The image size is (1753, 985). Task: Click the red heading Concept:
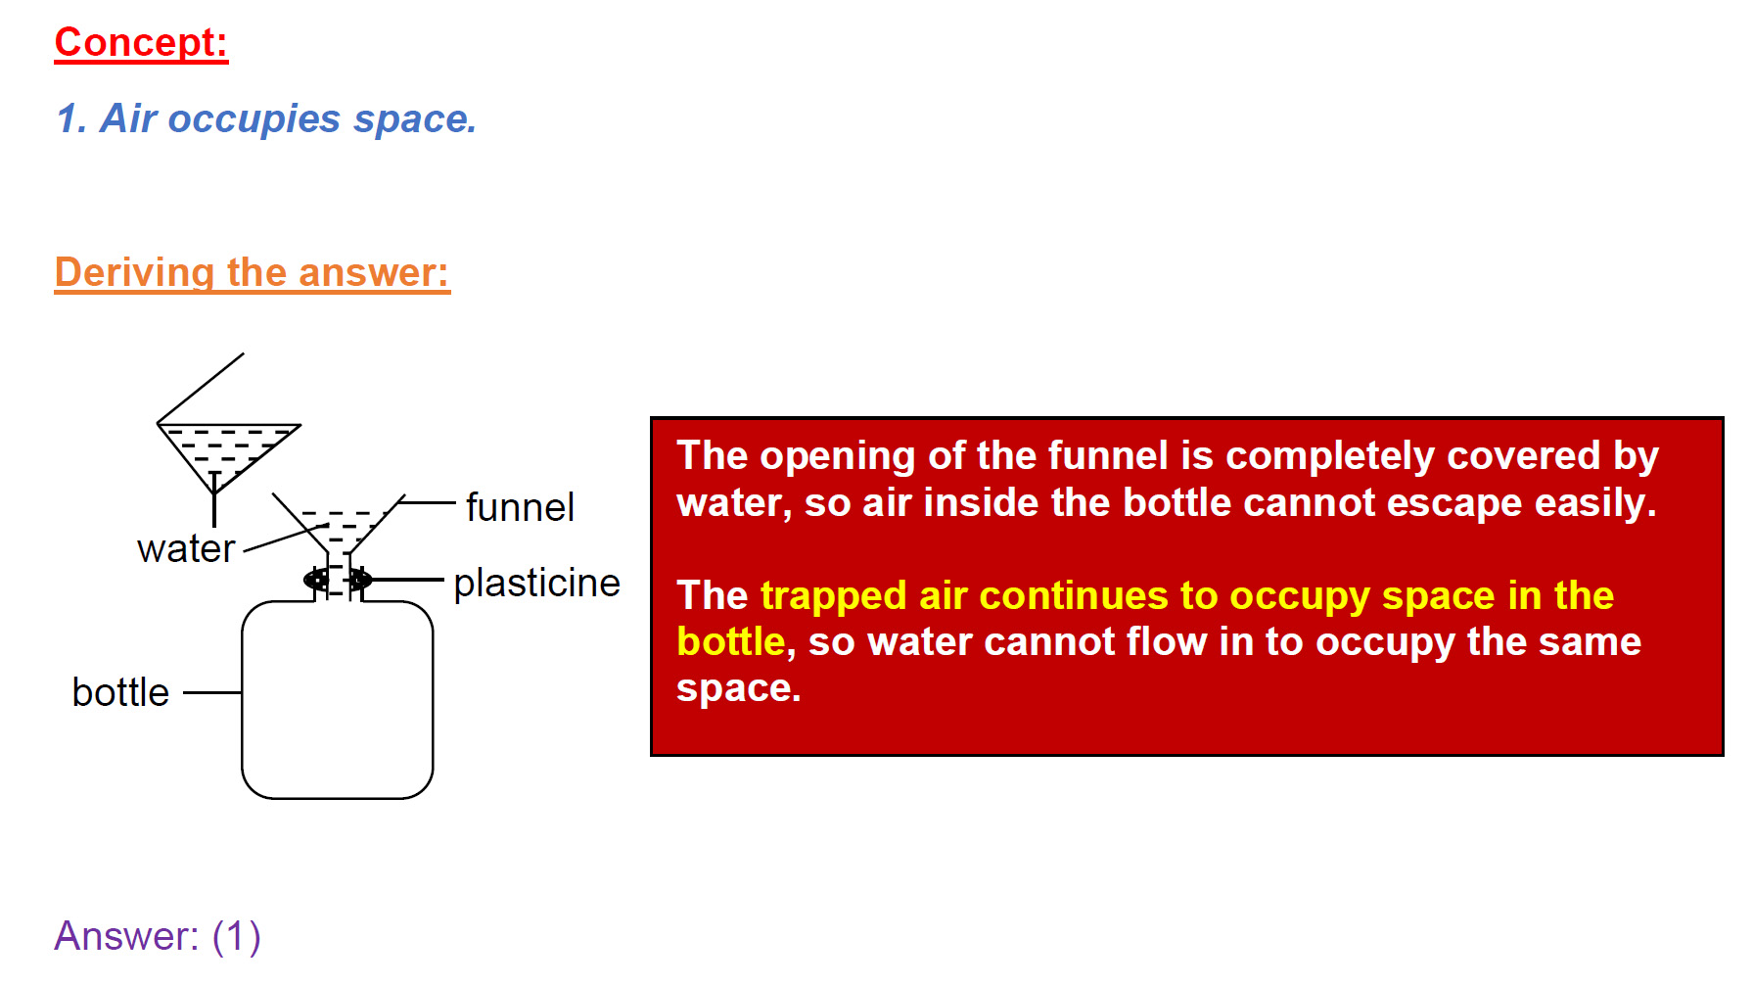click(x=141, y=43)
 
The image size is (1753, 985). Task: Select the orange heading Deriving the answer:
click(x=253, y=272)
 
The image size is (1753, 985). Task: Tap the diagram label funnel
click(x=520, y=507)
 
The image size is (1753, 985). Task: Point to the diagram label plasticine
click(x=536, y=583)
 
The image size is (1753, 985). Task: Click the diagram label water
click(x=186, y=548)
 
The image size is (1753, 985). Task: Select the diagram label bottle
click(x=121, y=692)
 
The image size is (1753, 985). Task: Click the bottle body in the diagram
click(x=338, y=699)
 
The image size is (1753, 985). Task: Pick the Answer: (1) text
click(x=158, y=936)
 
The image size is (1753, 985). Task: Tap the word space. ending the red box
click(x=739, y=689)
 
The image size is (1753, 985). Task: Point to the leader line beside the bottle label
click(x=212, y=692)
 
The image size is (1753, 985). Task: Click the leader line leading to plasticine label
click(x=408, y=580)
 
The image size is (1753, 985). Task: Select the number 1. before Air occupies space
click(x=72, y=119)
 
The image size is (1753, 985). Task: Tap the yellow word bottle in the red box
click(x=731, y=642)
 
